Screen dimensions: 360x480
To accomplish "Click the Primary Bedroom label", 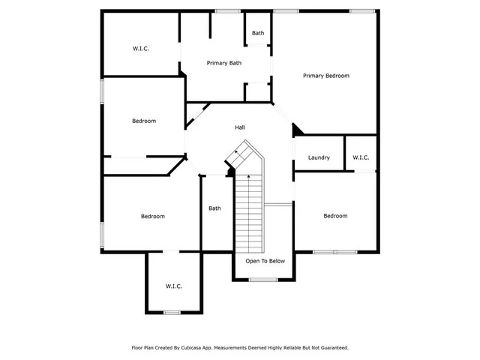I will (x=325, y=76).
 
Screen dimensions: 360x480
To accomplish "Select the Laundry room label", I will (x=319, y=157).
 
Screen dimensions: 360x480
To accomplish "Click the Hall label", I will (x=240, y=127).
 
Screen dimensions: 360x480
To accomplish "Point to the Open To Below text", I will (x=265, y=261).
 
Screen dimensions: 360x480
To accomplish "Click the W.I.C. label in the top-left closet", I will (x=141, y=49).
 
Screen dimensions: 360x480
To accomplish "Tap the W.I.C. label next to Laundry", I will (x=361, y=157).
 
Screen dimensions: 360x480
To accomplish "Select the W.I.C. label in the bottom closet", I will (x=174, y=286).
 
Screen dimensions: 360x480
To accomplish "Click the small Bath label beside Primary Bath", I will (x=258, y=33).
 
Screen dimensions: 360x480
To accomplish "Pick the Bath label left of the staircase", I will (x=214, y=208).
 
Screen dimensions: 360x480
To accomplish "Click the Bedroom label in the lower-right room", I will (x=335, y=216).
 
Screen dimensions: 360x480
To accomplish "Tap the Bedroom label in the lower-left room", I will (x=152, y=217).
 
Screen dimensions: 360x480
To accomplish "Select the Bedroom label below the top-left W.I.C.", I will (x=144, y=121).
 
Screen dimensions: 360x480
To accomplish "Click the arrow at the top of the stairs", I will (x=237, y=153).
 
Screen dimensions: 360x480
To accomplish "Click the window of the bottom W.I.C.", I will (x=172, y=312).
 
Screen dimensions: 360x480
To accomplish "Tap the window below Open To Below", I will (x=263, y=280).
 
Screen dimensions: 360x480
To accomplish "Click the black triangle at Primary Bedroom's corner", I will (x=298, y=130).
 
